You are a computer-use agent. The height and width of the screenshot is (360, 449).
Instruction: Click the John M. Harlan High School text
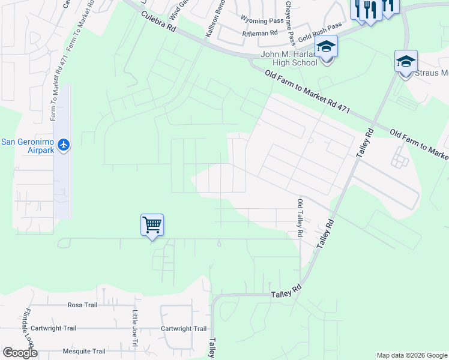tap(289, 59)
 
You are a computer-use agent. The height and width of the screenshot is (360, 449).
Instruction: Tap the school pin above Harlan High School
tap(327, 47)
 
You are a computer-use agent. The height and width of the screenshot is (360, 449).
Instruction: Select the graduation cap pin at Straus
tap(405, 61)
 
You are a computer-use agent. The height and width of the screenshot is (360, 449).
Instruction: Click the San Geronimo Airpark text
tap(28, 146)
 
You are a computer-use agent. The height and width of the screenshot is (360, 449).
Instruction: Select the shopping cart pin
tap(152, 226)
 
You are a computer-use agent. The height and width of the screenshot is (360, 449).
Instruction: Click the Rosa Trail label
tap(82, 305)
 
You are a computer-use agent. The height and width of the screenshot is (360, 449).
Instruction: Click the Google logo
tap(20, 353)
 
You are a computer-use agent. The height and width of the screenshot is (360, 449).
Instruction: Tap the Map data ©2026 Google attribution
tap(411, 355)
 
